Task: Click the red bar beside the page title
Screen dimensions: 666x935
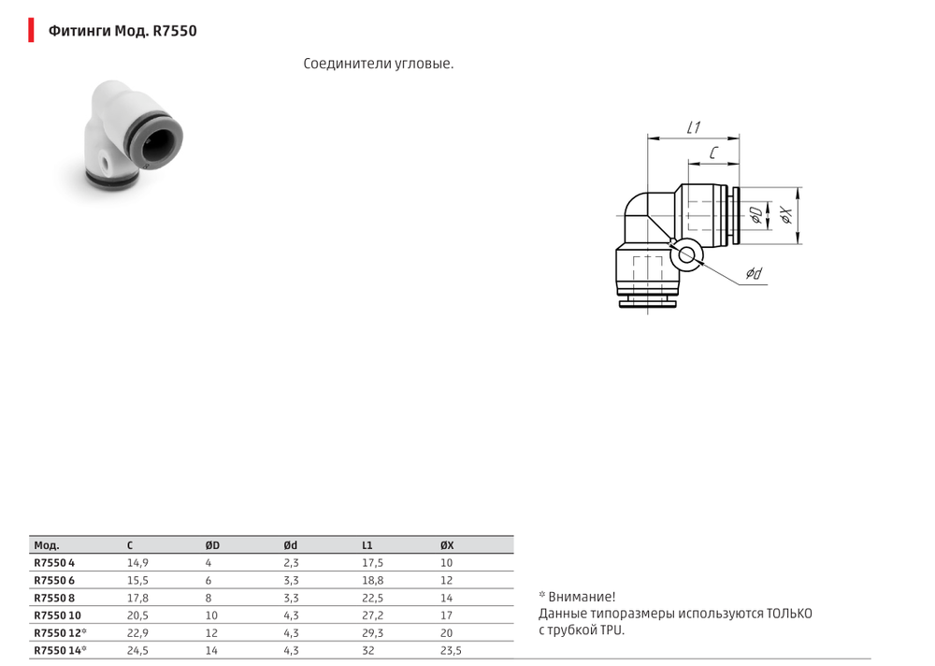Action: tap(31, 31)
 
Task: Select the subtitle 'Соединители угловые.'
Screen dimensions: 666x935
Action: tap(379, 65)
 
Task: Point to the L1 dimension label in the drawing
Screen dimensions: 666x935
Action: tap(694, 126)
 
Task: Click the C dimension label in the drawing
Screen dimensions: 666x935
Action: tap(713, 152)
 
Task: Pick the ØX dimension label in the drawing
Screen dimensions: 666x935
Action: tap(787, 216)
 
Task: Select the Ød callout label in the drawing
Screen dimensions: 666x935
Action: tap(754, 273)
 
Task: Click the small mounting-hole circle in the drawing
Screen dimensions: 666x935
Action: tap(687, 253)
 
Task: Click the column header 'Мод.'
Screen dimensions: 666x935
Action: tap(47, 545)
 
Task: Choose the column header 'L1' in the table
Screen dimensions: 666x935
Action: tap(367, 545)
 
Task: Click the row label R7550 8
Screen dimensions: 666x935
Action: tap(54, 598)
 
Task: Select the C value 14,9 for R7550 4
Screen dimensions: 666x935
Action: tap(137, 563)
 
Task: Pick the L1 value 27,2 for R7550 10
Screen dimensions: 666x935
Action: tap(372, 615)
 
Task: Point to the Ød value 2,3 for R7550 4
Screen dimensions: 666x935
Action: tap(291, 563)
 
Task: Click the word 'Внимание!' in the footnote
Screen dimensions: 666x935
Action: tap(582, 597)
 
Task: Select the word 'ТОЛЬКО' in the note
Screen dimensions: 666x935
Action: tap(789, 614)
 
